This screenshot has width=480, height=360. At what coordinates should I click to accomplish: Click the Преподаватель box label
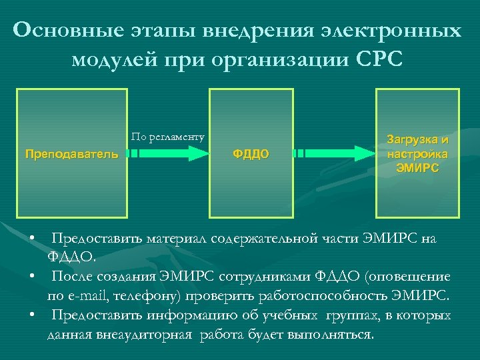(71, 154)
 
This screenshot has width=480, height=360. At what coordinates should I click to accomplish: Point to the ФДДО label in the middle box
(251, 154)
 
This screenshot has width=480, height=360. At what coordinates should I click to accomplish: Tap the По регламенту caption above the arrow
(167, 137)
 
